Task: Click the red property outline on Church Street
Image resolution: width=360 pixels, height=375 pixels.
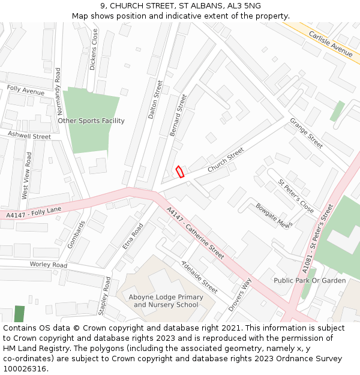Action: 179,172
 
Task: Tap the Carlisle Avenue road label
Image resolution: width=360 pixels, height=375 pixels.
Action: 331,43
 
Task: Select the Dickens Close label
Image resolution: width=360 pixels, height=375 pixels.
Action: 93,50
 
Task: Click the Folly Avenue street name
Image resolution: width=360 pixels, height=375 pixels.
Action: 25,91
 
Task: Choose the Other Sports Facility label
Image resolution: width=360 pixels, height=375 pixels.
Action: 91,121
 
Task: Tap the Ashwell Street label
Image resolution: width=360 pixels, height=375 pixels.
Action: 29,136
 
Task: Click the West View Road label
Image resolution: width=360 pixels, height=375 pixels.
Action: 26,175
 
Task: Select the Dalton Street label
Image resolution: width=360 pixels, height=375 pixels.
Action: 155,100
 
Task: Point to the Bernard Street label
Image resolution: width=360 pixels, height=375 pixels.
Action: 178,115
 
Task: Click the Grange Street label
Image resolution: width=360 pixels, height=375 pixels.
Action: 307,133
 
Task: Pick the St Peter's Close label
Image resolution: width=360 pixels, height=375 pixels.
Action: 295,196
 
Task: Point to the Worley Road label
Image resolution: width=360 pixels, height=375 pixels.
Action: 49,265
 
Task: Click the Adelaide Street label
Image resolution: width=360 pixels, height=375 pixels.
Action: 199,277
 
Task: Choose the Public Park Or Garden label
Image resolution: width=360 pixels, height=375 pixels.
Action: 310,280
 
